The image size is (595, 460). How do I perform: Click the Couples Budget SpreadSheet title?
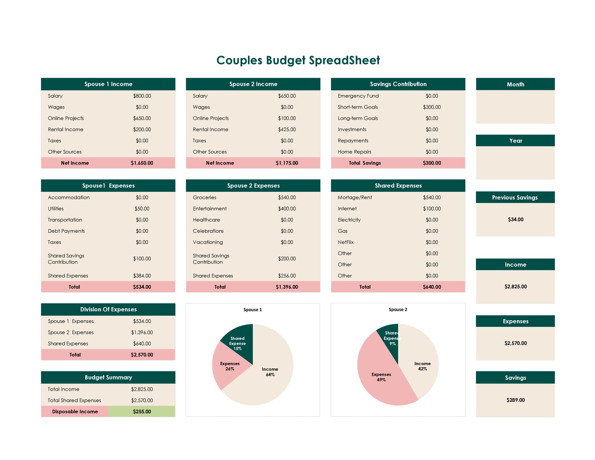click(x=298, y=60)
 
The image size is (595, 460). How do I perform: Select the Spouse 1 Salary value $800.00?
click(x=142, y=96)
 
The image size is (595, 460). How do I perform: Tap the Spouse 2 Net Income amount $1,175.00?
click(x=287, y=163)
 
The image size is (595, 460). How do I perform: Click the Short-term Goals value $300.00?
click(x=432, y=107)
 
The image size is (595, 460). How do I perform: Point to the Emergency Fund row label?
click(x=358, y=96)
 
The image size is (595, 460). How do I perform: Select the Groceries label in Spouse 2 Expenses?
click(x=204, y=197)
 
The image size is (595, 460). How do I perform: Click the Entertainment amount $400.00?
click(x=287, y=209)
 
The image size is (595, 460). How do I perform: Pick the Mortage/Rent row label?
click(x=355, y=197)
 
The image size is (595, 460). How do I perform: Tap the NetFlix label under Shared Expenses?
click(x=345, y=242)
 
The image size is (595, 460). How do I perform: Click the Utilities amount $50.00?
click(x=142, y=209)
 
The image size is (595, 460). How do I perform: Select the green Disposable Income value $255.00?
click(x=142, y=412)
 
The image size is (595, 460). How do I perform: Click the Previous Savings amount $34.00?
click(x=515, y=220)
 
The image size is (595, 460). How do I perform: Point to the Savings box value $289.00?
click(x=515, y=400)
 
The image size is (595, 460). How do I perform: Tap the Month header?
click(x=515, y=84)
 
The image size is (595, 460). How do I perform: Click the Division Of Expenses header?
click(x=108, y=310)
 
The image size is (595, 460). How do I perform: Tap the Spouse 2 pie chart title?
click(x=398, y=310)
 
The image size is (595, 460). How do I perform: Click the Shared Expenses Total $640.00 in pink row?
click(x=432, y=287)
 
